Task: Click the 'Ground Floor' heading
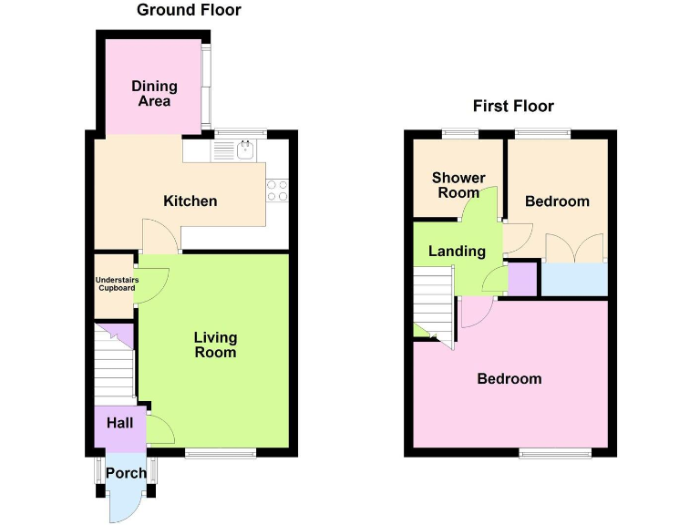pyautogui.click(x=189, y=11)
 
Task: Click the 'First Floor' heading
pyautogui.click(x=513, y=107)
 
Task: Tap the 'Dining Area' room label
pyautogui.click(x=154, y=94)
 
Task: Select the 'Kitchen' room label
pyautogui.click(x=190, y=201)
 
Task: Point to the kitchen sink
pyautogui.click(x=244, y=150)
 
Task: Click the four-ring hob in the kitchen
pyautogui.click(x=276, y=190)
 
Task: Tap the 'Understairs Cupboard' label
pyautogui.click(x=115, y=284)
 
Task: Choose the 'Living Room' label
pyautogui.click(x=215, y=345)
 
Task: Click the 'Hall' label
pyautogui.click(x=120, y=423)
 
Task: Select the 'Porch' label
pyautogui.click(x=126, y=473)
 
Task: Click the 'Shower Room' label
pyautogui.click(x=458, y=185)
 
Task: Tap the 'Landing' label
pyautogui.click(x=457, y=251)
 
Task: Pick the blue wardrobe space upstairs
pyautogui.click(x=574, y=279)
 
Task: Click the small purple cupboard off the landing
pyautogui.click(x=522, y=279)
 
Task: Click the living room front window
pyautogui.click(x=221, y=452)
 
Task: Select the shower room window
pyautogui.click(x=460, y=135)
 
